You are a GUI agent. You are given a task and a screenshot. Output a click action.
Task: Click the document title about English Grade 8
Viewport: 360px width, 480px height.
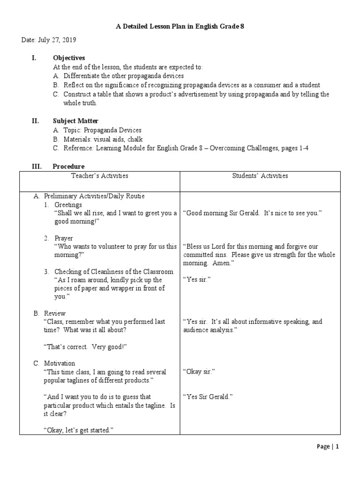coord(180,27)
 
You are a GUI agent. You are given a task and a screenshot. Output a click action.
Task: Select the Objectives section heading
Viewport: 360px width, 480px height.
coord(68,58)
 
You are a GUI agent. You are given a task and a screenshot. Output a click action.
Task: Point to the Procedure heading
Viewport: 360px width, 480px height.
coord(68,166)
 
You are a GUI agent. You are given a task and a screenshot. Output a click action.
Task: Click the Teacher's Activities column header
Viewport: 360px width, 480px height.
coord(99,176)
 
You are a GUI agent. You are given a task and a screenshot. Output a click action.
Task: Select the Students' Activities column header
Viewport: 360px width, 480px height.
coord(260,176)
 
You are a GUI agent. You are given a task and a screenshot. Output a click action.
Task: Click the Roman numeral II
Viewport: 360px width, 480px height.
coord(35,121)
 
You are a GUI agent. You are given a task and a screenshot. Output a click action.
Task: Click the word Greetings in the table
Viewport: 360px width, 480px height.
coord(68,205)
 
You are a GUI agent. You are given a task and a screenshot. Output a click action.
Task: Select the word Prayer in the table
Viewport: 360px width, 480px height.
coord(64,238)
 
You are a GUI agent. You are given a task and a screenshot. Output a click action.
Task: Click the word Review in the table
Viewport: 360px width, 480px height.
coord(55,313)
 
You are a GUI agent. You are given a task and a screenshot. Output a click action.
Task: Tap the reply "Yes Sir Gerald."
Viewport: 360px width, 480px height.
coord(208,397)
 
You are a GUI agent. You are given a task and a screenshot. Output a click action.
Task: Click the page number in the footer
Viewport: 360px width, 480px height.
coord(337,447)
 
